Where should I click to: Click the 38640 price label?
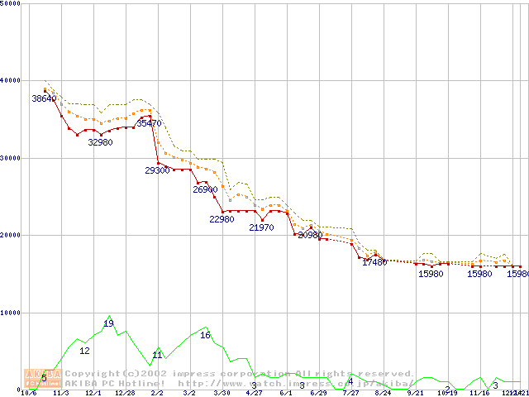[x=44, y=98]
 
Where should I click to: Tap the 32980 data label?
[x=100, y=142]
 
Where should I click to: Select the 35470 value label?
[x=149, y=123]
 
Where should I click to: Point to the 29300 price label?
[x=157, y=170]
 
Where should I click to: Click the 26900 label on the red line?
[x=205, y=189]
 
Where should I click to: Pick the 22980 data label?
[x=222, y=220]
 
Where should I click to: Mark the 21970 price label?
[x=261, y=227]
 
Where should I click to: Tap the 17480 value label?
[x=374, y=262]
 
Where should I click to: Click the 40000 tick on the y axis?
[x=11, y=80]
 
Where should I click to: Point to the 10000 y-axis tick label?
[x=11, y=313]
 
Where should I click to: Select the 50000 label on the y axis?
[x=11, y=4]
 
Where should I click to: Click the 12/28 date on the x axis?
[x=125, y=394]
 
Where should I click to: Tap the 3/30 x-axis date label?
[x=222, y=394]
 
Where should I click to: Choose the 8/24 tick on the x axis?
[x=383, y=394]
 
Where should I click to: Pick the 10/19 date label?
[x=447, y=394]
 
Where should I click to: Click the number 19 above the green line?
[x=108, y=323]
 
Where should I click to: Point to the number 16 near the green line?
[x=205, y=335]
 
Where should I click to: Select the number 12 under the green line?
[x=84, y=351]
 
